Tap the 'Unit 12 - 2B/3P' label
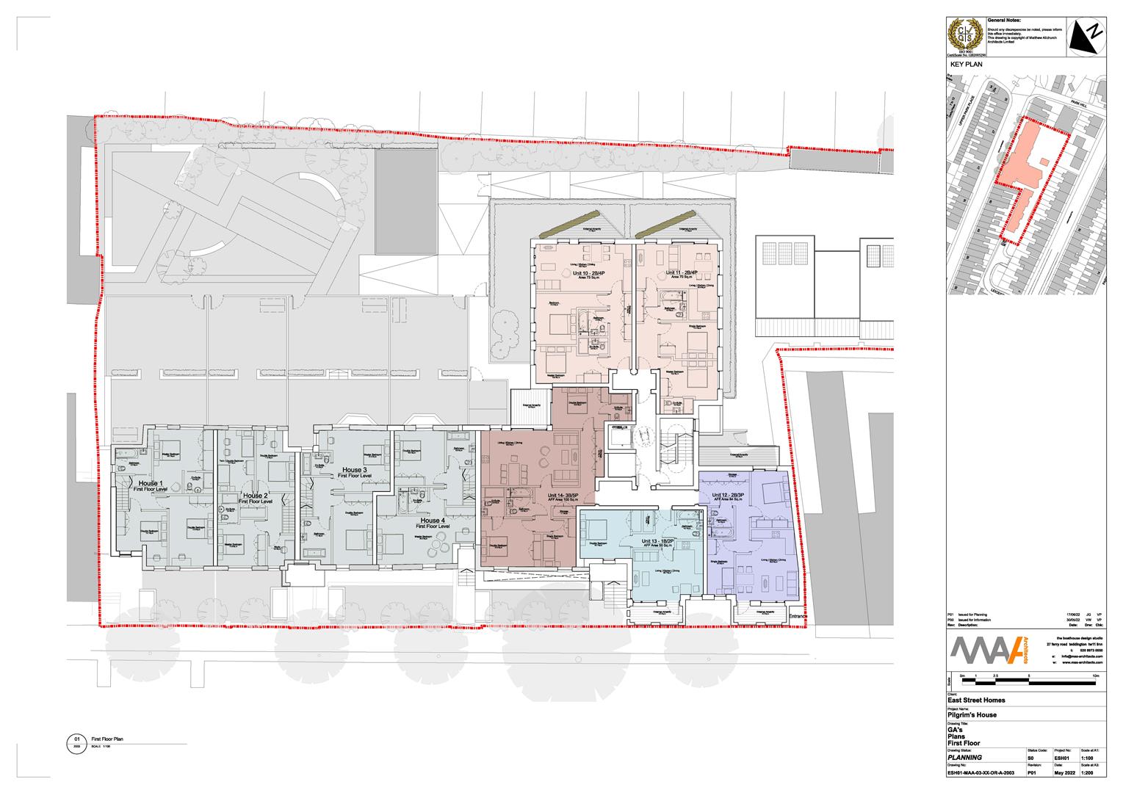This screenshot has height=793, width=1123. [729, 495]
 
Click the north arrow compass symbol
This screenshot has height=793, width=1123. [1086, 37]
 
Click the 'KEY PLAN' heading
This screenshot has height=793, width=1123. [966, 65]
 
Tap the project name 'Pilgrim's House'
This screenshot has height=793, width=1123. [971, 714]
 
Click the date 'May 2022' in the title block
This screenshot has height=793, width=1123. [1064, 772]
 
